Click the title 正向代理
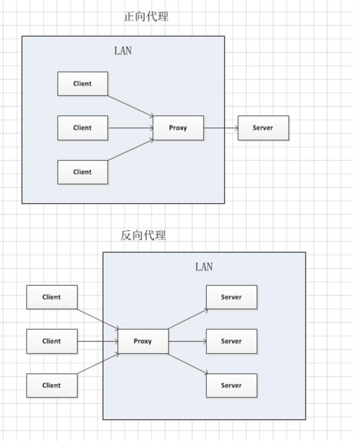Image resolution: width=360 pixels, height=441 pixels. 146,17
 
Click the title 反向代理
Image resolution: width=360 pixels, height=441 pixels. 143,236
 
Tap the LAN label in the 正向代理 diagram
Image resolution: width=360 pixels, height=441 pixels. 123,51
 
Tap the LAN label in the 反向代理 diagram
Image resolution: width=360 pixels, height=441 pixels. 204,267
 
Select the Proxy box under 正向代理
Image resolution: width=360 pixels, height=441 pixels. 178,128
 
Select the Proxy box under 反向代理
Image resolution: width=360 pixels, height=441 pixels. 143,341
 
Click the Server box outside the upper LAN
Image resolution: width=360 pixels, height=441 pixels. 263,128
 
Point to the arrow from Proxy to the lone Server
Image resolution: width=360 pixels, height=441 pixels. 221,128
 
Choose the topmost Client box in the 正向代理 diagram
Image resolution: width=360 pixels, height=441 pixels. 83,84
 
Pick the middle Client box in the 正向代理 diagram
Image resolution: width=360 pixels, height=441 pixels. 83,128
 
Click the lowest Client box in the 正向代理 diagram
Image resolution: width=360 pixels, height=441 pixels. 83,172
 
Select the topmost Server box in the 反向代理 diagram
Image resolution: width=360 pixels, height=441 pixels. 231,297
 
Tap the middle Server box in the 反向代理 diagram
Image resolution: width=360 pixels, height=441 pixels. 231,341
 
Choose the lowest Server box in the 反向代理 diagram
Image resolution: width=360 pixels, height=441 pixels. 231,385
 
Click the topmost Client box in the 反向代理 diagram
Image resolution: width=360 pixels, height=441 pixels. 52,297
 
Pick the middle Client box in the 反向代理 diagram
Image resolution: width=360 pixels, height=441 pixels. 52,341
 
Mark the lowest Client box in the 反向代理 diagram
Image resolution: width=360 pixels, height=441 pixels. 52,385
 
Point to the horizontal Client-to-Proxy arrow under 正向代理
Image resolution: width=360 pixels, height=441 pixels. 130,128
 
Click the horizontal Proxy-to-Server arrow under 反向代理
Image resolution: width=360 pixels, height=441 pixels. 187,341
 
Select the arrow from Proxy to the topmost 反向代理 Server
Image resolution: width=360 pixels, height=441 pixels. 188,319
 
